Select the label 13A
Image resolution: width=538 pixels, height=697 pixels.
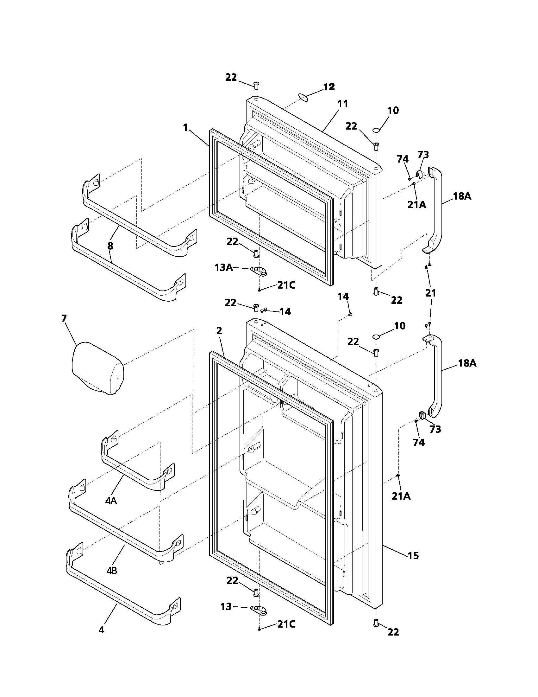tap(223, 267)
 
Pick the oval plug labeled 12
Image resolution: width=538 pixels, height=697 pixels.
tap(304, 97)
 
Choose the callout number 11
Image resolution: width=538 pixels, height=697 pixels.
tap(343, 104)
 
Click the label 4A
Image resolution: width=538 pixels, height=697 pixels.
tap(111, 501)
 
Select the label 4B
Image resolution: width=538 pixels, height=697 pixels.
tap(111, 570)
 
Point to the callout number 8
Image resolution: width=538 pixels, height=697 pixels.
tap(110, 246)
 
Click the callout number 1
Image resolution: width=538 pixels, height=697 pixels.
tap(185, 127)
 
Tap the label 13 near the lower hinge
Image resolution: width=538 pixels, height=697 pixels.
tap(226, 606)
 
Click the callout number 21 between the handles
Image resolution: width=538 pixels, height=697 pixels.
tap(431, 293)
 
